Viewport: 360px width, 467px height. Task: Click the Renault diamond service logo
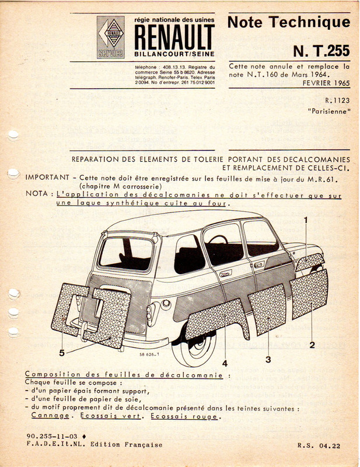110,37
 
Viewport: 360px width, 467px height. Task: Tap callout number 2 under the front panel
312,344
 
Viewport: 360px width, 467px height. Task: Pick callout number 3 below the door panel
268,359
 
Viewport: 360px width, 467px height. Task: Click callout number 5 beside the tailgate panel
62,352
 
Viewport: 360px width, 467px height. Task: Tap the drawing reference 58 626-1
150,353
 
